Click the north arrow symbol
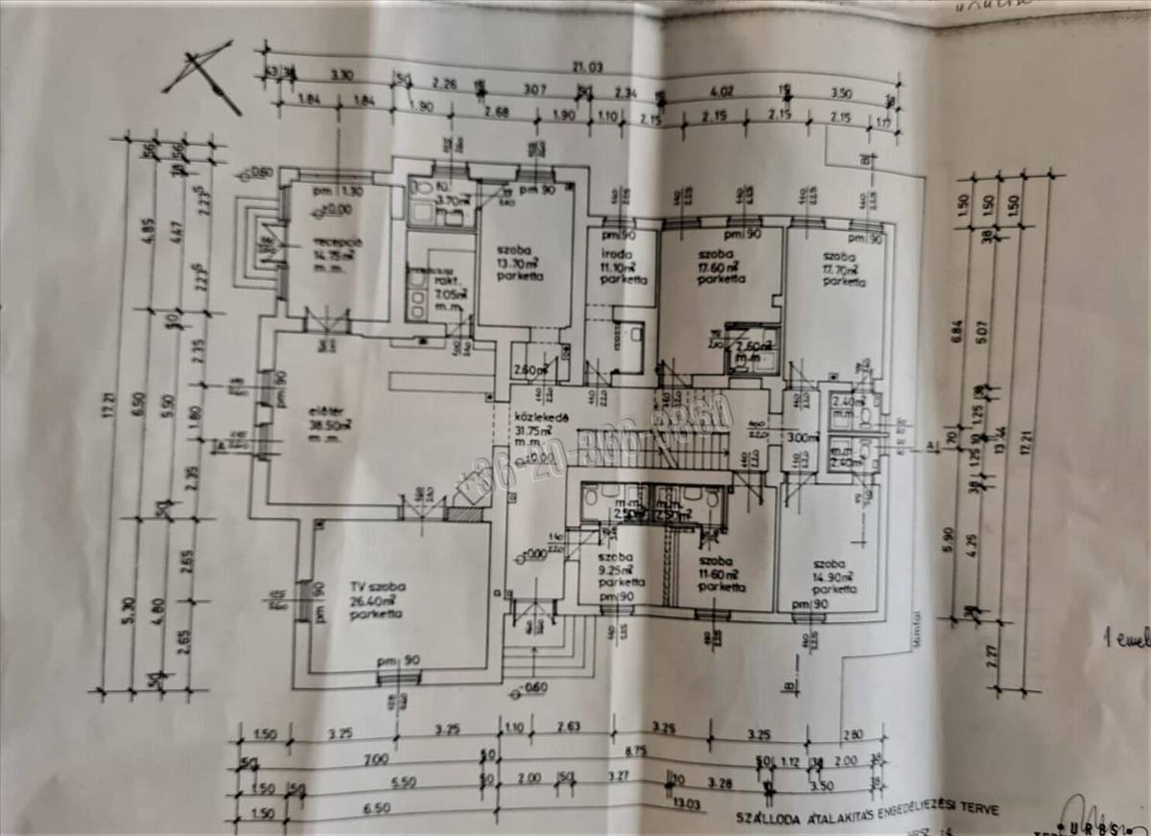(x=202, y=76)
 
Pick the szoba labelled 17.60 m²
(x=720, y=267)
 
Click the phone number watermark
(x=595, y=451)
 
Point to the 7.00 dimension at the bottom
(x=377, y=759)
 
